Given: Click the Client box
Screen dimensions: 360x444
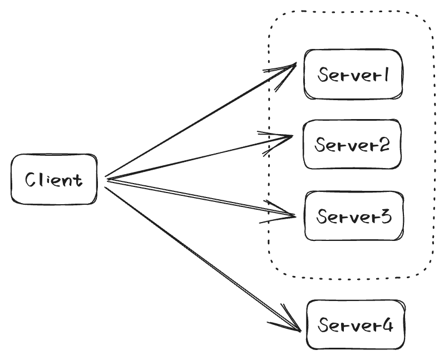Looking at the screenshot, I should coord(54,180).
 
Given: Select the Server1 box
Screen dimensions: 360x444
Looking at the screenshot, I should coord(352,75).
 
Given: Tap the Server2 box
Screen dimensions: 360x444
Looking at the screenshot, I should coord(352,144).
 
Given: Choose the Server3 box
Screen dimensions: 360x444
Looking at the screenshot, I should coord(353,216).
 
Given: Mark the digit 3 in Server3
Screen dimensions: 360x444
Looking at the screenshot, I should coord(385,216).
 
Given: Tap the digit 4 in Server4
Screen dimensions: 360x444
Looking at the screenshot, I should coord(387,326).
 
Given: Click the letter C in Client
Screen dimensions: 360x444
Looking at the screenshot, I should coord(32,180).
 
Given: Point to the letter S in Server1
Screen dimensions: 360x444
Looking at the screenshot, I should coord(322,75).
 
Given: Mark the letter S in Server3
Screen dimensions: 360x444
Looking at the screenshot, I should coord(322,216).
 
